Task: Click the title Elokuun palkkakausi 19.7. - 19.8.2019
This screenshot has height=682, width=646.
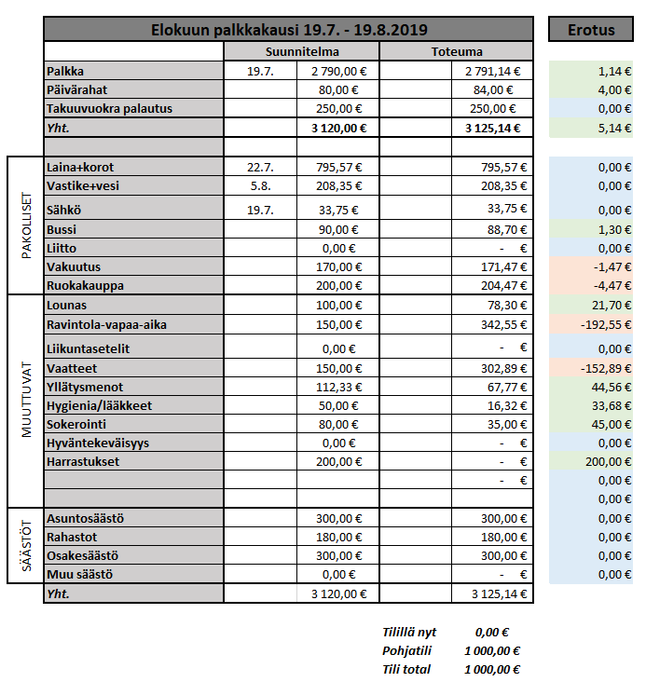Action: pos(289,30)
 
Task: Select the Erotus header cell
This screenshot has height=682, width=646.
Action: pos(591,30)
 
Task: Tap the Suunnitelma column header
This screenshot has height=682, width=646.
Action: pos(301,51)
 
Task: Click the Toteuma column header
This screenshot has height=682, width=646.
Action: pos(457,51)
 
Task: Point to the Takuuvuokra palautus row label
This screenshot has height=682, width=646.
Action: pos(109,109)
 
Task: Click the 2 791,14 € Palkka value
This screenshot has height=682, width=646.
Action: pos(491,71)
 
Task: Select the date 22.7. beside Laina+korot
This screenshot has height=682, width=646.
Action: pos(259,168)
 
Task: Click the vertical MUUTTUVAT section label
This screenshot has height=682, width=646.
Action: pos(26,400)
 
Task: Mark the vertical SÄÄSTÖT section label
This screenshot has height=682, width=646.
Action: pos(26,545)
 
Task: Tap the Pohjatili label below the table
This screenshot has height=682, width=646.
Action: pos(405,651)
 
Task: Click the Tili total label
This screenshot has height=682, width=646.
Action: pos(405,669)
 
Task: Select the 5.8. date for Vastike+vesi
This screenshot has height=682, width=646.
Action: pos(260,186)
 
